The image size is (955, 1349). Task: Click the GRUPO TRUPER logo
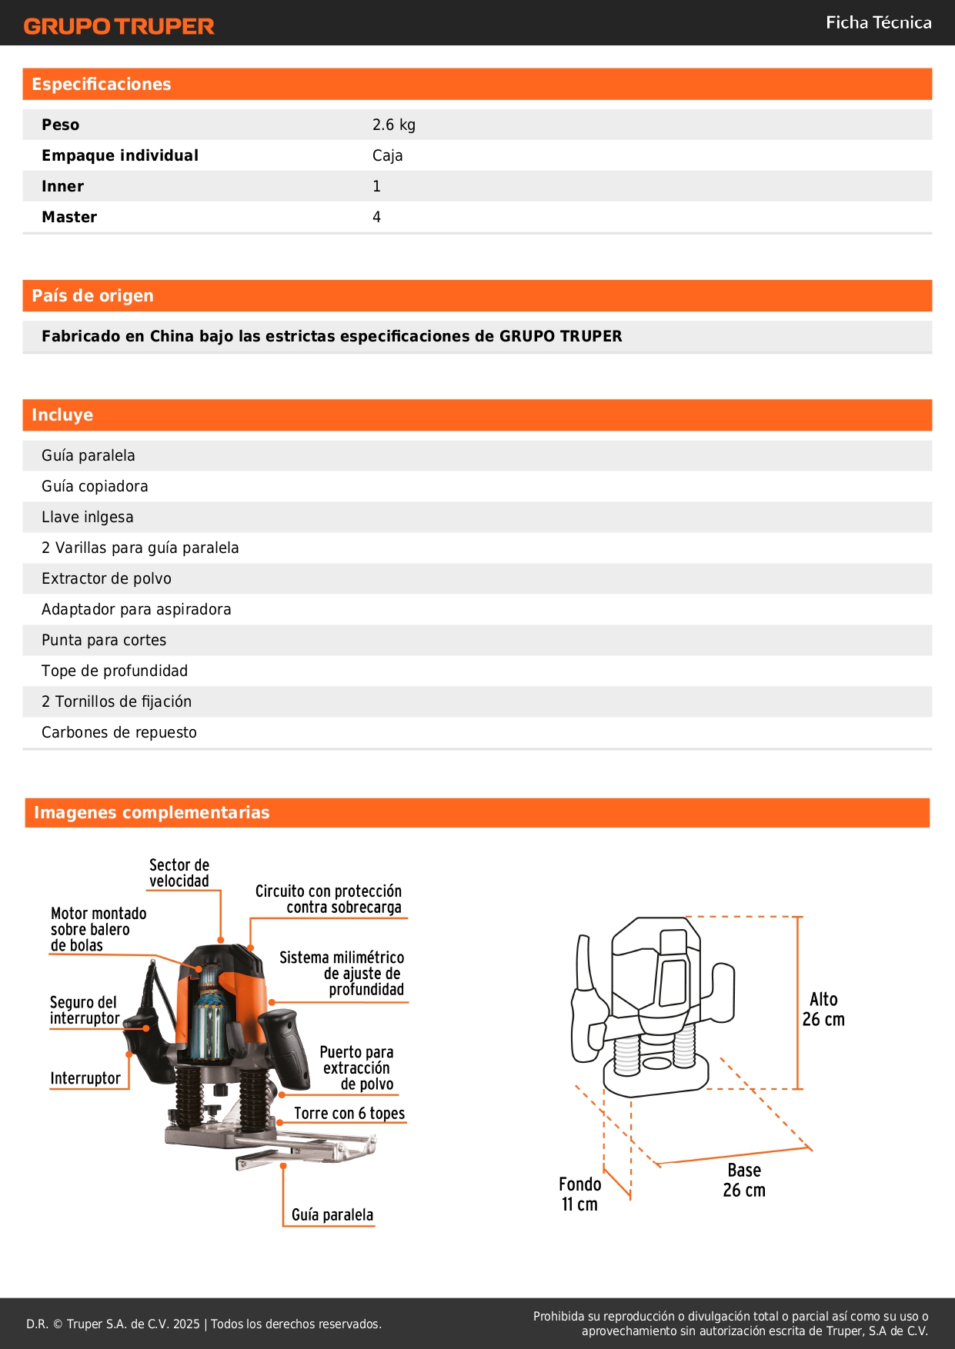[119, 26]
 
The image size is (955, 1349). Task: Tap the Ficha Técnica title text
[878, 23]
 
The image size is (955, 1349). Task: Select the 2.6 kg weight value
[393, 125]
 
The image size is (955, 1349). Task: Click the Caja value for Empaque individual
[387, 155]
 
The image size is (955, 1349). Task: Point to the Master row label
[69, 217]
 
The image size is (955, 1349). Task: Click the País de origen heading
[92, 296]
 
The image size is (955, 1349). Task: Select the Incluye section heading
[62, 415]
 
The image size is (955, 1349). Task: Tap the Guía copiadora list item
[95, 486]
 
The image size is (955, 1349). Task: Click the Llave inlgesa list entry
[87, 517]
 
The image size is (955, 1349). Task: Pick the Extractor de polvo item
[106, 578]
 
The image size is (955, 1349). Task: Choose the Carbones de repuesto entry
[119, 732]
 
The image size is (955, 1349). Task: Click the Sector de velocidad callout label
[179, 873]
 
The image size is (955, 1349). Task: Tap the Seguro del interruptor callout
[84, 1011]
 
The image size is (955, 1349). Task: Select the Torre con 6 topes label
[349, 1114]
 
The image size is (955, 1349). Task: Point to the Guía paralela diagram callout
[332, 1215]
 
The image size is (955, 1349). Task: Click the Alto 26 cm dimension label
[823, 1009]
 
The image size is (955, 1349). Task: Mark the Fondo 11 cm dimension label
[579, 1194]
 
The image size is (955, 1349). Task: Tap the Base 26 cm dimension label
[744, 1180]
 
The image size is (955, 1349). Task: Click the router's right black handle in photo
[285, 1046]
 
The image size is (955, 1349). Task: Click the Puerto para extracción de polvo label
[357, 1068]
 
